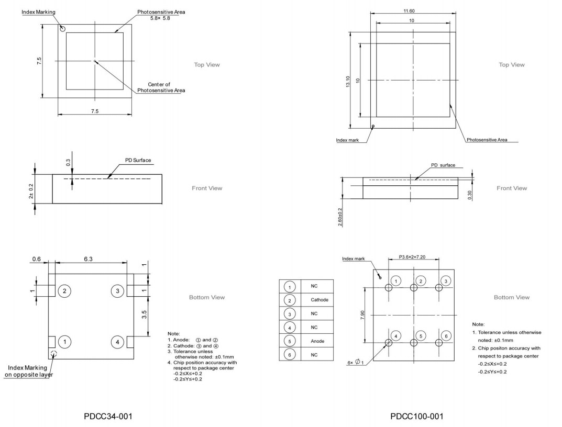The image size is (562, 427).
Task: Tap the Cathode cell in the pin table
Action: tap(319, 300)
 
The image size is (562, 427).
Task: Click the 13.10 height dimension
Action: tap(348, 81)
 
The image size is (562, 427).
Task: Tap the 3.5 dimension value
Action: tap(144, 314)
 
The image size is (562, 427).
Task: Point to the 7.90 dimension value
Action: tap(363, 315)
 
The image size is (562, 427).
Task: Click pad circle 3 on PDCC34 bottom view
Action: tap(118, 290)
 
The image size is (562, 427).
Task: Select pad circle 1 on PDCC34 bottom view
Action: tap(64, 342)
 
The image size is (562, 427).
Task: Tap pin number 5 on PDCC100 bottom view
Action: tap(421, 335)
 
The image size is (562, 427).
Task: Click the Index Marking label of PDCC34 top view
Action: tap(38, 12)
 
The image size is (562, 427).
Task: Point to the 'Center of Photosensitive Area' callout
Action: tap(161, 87)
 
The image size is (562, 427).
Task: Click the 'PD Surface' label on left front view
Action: tap(137, 160)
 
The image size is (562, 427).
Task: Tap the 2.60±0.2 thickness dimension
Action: tap(340, 217)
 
